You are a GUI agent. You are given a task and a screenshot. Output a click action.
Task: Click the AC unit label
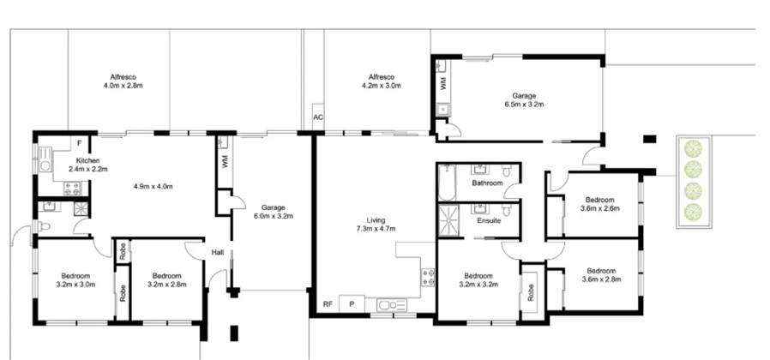point(318,118)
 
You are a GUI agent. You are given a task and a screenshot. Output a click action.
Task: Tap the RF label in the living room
point(328,304)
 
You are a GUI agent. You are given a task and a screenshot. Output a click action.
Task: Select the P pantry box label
point(352,304)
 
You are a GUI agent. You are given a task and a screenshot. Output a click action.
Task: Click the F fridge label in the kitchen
point(79,143)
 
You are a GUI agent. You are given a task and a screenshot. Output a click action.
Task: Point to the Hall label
point(218,253)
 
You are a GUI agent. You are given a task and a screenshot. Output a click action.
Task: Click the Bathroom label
point(487,183)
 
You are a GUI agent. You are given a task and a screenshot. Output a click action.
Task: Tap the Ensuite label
point(489,220)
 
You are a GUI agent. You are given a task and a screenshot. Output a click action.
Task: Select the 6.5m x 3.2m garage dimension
point(524,104)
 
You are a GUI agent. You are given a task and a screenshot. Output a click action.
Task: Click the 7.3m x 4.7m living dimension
point(376,228)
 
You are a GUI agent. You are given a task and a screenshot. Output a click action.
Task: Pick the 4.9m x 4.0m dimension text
point(153,186)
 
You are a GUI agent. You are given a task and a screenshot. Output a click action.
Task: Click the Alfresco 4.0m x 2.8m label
point(123,81)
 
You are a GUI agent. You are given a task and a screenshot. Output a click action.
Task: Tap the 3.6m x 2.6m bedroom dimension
point(599,207)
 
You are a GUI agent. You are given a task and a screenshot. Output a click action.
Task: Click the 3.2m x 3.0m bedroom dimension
point(75,284)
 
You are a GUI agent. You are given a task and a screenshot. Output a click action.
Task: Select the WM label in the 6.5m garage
point(444,83)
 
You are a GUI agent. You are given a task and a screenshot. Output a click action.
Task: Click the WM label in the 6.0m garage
point(225,162)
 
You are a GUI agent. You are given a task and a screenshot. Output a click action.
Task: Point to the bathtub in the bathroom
point(447,183)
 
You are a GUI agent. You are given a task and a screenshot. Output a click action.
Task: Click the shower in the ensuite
point(448,220)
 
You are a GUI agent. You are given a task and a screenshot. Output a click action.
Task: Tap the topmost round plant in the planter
point(693,148)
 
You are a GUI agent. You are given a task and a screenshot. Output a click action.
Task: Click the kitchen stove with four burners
point(72,188)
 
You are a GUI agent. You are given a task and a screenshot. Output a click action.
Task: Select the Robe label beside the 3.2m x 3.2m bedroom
point(531,293)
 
